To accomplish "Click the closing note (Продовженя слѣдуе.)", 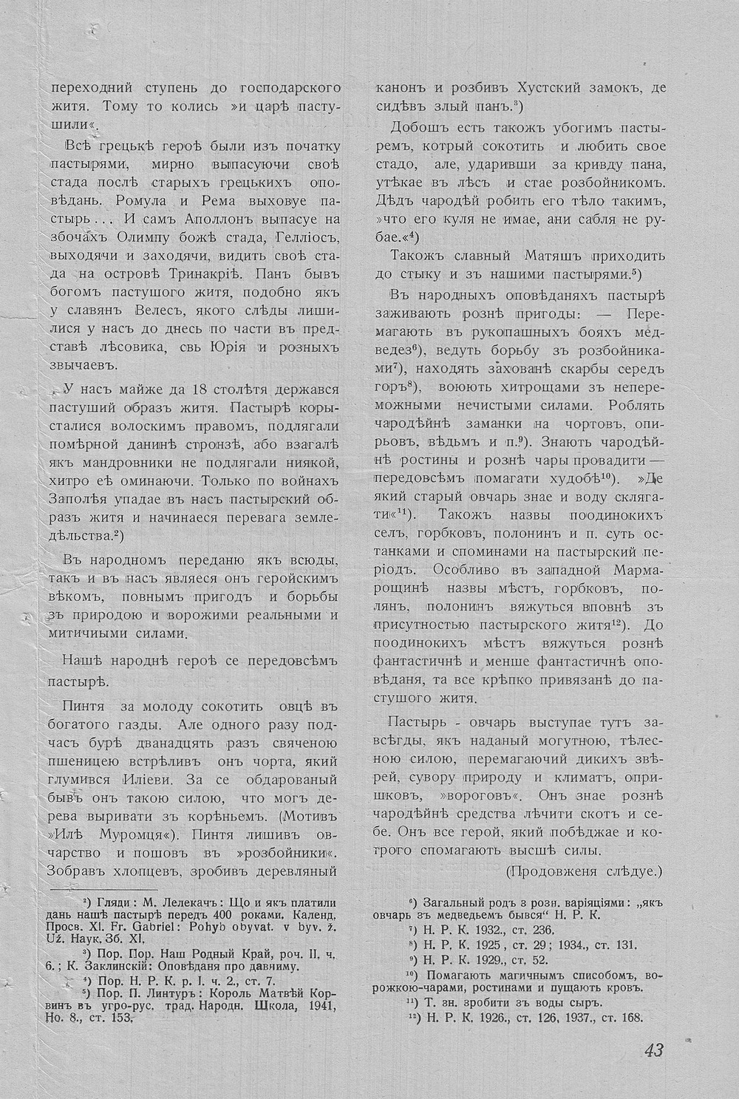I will point(585,871).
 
